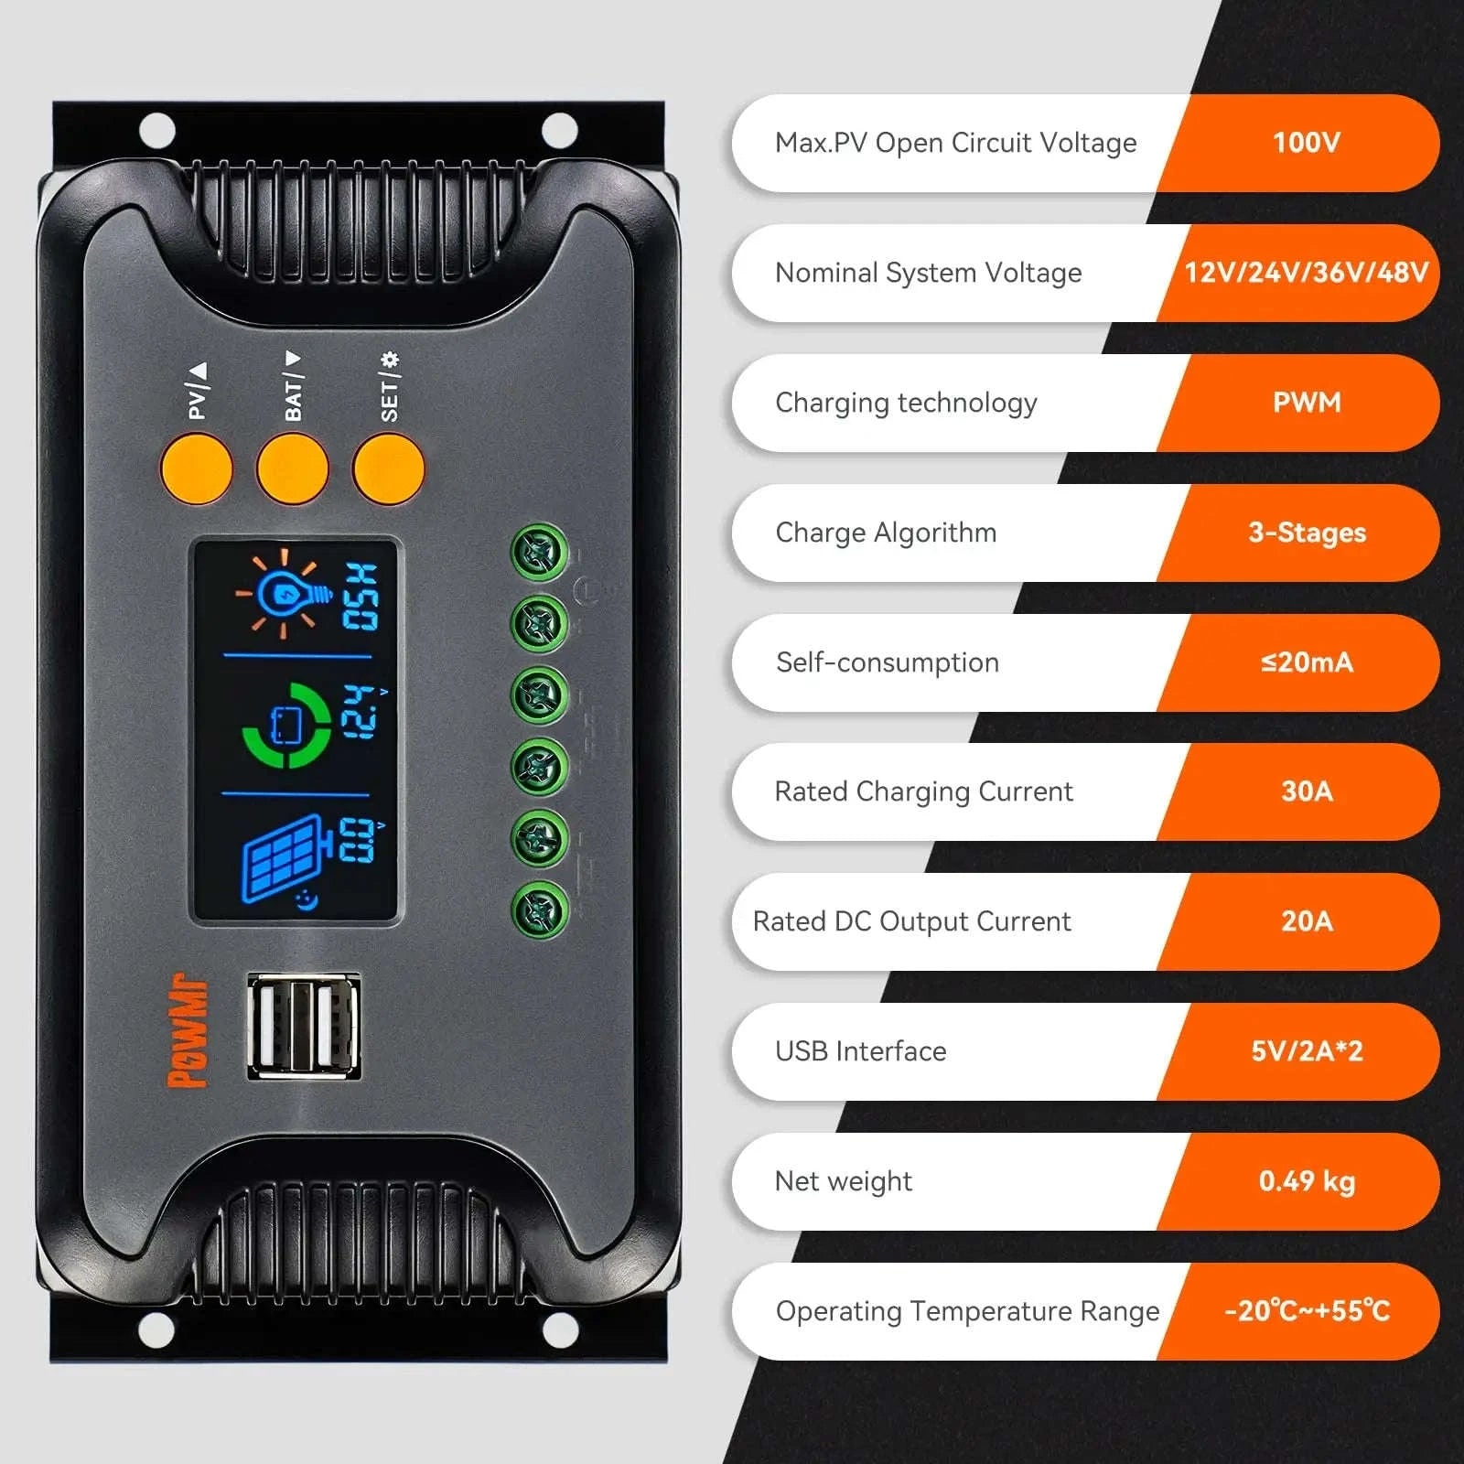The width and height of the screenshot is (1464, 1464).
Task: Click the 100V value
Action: point(1306,143)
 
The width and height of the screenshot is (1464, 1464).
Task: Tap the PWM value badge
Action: point(1306,403)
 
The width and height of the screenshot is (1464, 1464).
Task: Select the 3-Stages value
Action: point(1306,533)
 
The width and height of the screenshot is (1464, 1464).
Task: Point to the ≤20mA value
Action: point(1306,662)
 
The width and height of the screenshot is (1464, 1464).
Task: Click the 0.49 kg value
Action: point(1306,1181)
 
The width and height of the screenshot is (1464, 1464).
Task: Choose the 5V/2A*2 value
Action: point(1306,1051)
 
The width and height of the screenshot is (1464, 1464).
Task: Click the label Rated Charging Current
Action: point(923,791)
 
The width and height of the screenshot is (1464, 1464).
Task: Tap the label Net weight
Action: point(843,1181)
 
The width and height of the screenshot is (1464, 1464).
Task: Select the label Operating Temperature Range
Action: point(967,1311)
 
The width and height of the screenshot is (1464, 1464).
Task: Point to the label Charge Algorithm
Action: point(886,533)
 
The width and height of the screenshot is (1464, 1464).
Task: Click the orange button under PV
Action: point(197,468)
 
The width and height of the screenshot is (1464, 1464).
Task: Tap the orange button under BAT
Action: point(293,468)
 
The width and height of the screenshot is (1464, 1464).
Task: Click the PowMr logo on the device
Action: point(188,1030)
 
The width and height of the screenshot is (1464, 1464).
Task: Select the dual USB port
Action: point(304,1026)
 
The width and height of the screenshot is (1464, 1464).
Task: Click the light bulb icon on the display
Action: point(284,595)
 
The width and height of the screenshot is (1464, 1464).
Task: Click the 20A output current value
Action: point(1306,921)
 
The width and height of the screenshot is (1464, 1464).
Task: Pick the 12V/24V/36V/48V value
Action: point(1306,273)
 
